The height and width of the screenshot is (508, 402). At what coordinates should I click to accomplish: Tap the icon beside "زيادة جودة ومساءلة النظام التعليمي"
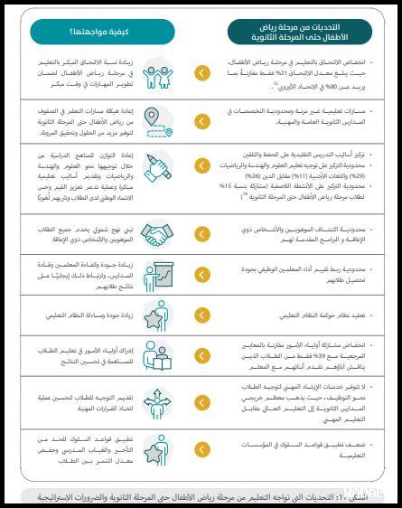tap(159, 316)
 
